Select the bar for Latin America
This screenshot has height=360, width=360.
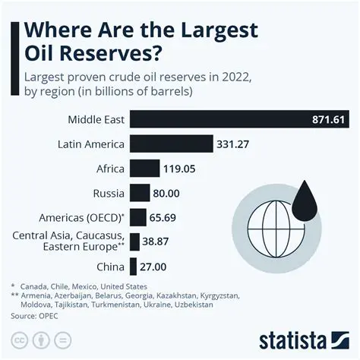coord(171,144)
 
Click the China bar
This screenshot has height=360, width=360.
coord(133,267)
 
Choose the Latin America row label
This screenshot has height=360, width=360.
coord(90,144)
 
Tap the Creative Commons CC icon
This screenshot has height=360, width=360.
coord(21,337)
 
